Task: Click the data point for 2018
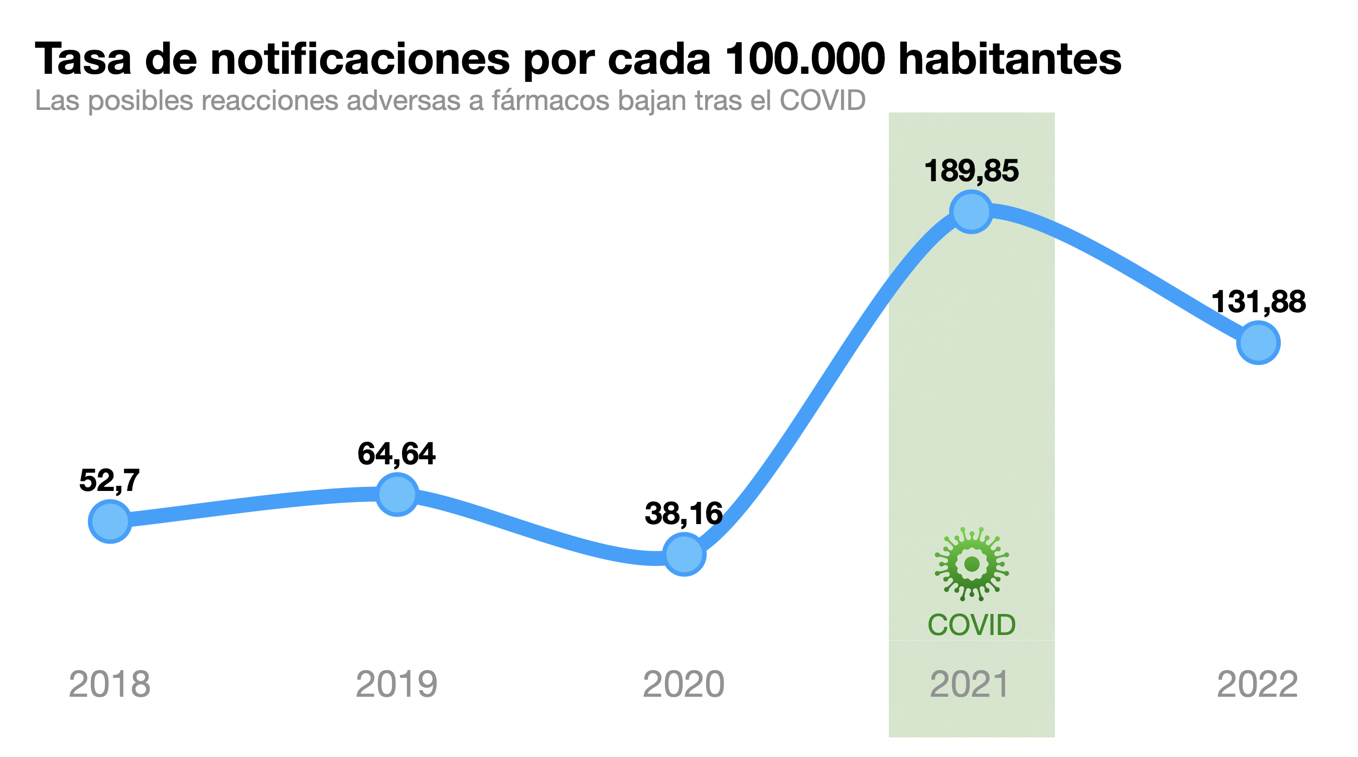(109, 522)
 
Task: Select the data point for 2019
(397, 494)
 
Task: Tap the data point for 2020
(684, 554)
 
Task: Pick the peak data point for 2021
(971, 211)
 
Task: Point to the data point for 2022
(1258, 343)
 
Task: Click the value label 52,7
(109, 481)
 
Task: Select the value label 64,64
(396, 454)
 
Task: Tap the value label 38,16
(683, 514)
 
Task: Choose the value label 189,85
(971, 171)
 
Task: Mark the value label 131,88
(1258, 302)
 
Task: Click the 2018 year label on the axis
(109, 684)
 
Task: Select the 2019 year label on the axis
(396, 684)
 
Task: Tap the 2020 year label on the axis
(683, 684)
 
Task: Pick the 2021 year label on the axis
(970, 684)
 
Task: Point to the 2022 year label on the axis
(1257, 684)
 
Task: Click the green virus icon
(972, 564)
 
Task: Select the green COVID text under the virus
(971, 624)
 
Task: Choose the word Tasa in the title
(83, 59)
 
